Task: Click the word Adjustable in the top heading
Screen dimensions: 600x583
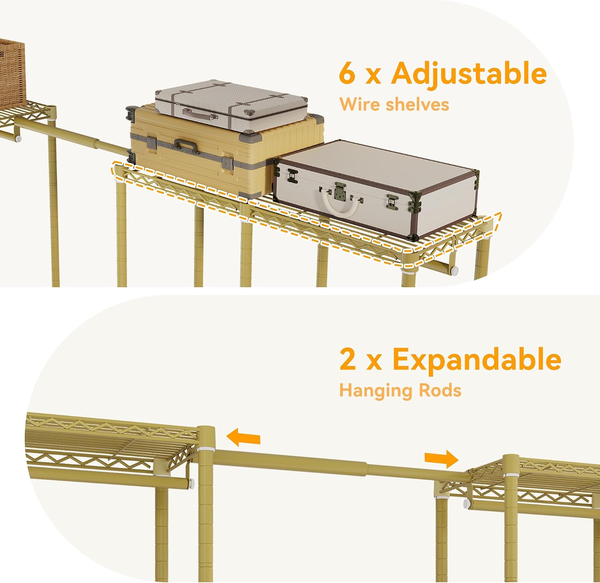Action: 469,73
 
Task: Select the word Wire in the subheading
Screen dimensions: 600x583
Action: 358,104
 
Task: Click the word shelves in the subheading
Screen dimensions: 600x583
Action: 417,104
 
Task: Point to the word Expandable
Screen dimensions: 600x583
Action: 476,359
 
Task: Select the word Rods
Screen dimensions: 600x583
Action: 440,390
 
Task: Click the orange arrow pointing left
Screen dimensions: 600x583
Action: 243,437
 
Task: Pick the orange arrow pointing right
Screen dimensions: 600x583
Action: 441,459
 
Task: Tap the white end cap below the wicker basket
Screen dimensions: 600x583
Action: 18,139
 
